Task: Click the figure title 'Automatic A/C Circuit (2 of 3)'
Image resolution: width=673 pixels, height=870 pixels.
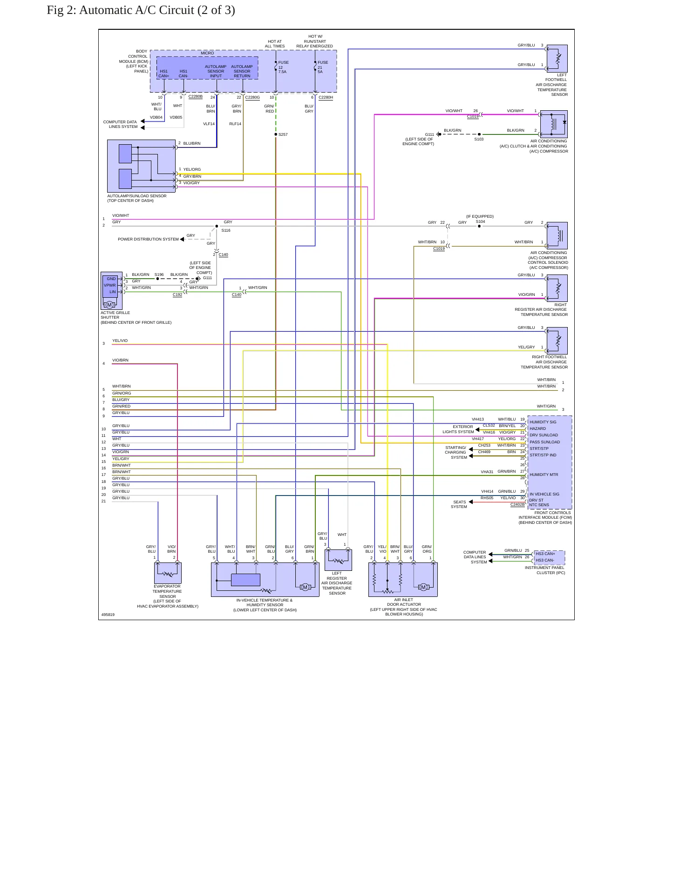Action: [x=157, y=10]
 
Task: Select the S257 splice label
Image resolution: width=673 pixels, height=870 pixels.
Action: [x=283, y=134]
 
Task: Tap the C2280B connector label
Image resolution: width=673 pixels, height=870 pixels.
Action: [x=195, y=97]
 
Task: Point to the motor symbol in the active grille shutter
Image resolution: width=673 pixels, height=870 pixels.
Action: [x=109, y=305]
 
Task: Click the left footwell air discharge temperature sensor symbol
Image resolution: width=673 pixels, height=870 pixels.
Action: [x=557, y=58]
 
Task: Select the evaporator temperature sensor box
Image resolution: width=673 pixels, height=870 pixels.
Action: [x=168, y=573]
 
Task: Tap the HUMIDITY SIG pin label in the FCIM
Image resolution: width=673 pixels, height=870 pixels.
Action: [x=543, y=422]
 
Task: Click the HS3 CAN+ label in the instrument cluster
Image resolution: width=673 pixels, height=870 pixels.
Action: [x=545, y=554]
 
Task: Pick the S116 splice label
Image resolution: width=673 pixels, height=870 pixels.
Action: [x=226, y=230]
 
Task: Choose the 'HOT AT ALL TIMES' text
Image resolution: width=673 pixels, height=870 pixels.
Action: [x=275, y=44]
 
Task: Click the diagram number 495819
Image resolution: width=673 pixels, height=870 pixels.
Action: [x=108, y=615]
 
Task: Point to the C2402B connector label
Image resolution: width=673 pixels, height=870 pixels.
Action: [x=517, y=504]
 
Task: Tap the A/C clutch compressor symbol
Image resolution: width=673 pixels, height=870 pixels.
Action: [x=554, y=124]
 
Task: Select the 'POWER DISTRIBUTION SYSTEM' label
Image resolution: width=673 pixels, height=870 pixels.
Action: [x=148, y=239]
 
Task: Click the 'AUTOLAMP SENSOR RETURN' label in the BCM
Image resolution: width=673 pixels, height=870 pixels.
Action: [x=242, y=71]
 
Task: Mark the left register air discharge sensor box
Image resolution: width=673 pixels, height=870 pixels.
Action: [x=338, y=560]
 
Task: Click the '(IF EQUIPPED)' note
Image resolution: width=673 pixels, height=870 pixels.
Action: [x=480, y=216]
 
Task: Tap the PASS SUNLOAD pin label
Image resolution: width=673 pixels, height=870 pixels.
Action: [x=545, y=442]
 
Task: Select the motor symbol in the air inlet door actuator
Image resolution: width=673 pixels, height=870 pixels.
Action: [x=423, y=587]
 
